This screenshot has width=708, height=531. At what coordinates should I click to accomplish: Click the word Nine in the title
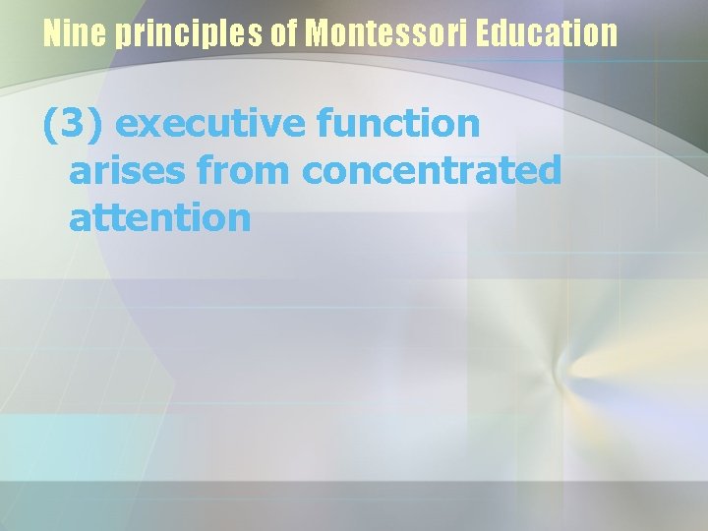pyautogui.click(x=76, y=34)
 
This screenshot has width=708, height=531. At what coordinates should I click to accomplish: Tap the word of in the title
pyautogui.click(x=284, y=34)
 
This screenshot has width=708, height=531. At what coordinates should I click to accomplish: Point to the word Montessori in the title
pyautogui.click(x=386, y=34)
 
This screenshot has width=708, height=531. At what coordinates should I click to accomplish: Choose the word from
pyautogui.click(x=246, y=171)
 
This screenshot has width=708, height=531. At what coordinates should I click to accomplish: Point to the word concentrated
pyautogui.click(x=432, y=171)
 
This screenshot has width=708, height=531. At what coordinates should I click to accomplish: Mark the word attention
pyautogui.click(x=160, y=217)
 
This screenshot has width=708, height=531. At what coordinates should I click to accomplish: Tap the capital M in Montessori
pyautogui.click(x=318, y=34)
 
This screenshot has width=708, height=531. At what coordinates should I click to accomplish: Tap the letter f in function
pyautogui.click(x=325, y=123)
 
